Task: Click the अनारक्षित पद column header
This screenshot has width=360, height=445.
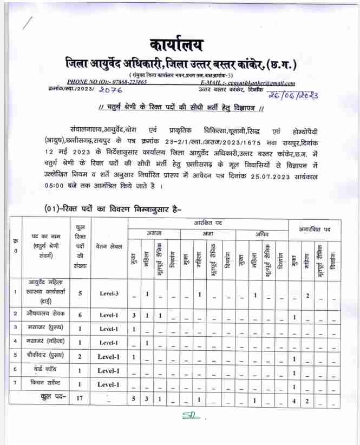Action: pos(315,230)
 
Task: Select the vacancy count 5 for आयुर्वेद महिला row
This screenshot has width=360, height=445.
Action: pos(80,293)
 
